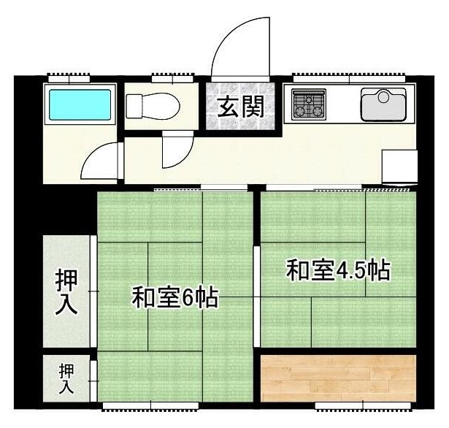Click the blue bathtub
[80, 104]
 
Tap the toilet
[153, 105]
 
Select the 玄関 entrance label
[240, 107]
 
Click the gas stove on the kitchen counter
[309, 104]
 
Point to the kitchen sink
[383, 104]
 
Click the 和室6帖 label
[175, 298]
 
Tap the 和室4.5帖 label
[339, 270]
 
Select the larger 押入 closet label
[66, 292]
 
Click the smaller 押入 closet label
[66, 378]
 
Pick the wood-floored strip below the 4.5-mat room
[339, 378]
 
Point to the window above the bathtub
[69, 78]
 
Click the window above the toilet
[173, 78]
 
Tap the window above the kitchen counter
[350, 78]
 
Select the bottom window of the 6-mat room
[150, 406]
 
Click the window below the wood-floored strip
[363, 406]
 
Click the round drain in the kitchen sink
[383, 96]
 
